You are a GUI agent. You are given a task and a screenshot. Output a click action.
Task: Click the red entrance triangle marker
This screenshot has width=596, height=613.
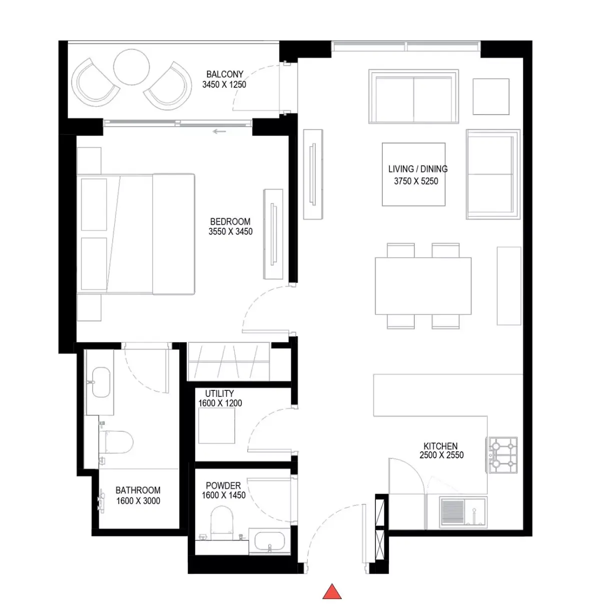click(x=332, y=591)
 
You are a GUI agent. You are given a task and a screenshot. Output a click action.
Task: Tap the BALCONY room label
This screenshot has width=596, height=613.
click(x=225, y=75)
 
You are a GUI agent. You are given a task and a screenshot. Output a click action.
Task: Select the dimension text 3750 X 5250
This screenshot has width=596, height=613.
click(x=416, y=181)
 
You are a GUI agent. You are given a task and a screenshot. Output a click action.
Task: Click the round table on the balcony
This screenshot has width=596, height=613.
click(x=131, y=67)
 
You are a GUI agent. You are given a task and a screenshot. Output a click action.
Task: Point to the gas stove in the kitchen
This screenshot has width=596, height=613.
click(x=503, y=455)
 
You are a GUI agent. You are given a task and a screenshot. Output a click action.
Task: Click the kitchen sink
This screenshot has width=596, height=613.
click(x=463, y=512)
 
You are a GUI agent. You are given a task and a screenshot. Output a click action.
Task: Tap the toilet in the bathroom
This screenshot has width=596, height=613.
click(x=116, y=442)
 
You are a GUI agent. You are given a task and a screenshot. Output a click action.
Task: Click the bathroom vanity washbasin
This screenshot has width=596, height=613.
click(x=101, y=382)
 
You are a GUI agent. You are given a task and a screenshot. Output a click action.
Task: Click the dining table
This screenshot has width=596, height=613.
click(x=423, y=286)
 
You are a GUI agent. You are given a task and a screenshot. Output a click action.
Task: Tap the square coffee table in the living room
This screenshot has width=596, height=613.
click(x=414, y=174)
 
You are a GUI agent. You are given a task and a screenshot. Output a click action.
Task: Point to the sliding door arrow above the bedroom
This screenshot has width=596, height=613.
click(x=219, y=131)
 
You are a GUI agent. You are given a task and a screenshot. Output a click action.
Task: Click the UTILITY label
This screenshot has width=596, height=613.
click(x=219, y=393)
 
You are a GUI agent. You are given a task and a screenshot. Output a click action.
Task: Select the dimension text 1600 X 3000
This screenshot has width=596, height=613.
click(x=138, y=500)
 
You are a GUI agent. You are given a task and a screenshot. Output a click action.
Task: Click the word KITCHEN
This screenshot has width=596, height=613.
click(x=440, y=446)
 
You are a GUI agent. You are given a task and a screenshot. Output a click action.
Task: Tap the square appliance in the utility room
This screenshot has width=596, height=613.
click(x=217, y=425)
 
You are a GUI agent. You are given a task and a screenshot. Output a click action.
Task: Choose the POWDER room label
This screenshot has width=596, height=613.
click(x=223, y=485)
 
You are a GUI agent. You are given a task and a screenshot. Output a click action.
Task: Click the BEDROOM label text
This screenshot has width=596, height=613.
click(x=230, y=222)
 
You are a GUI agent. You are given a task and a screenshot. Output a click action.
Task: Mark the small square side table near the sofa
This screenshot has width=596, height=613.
click(x=491, y=97)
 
